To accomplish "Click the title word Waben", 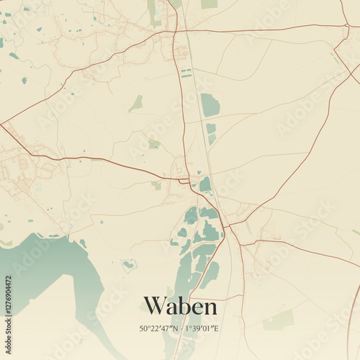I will point(180,306).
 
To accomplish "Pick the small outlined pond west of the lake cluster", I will point(129,264).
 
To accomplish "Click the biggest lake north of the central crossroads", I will point(210,105).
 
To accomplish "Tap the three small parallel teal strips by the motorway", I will point(186,73).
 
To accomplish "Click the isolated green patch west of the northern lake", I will point(135,104).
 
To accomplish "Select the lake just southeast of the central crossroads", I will point(205,185).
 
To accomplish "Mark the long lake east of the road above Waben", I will point(210,274).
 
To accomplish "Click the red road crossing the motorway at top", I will point(176,32).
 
